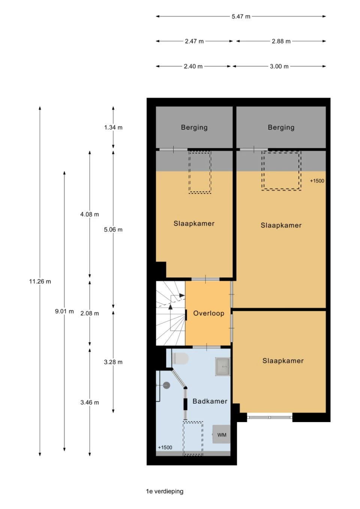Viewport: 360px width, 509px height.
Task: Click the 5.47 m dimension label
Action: pos(241,16)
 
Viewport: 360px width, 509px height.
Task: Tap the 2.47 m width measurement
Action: pos(194,41)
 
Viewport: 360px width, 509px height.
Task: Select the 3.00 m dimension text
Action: pos(279,66)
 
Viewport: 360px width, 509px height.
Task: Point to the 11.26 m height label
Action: pos(40,281)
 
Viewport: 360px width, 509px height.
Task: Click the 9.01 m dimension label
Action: pos(64,311)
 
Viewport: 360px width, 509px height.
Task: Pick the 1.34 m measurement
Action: pos(113,127)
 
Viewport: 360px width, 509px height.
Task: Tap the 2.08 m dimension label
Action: pos(90,313)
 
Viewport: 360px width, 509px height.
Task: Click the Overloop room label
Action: pos(208,313)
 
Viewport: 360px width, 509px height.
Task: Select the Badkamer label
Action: pos(210,401)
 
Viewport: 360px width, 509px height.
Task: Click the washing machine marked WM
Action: pos(221,435)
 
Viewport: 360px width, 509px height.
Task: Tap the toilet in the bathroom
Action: pos(180,359)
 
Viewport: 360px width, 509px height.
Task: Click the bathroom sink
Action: pos(223,367)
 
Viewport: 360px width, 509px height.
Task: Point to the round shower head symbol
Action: pos(167,385)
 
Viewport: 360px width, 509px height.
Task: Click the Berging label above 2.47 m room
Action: pos(194,127)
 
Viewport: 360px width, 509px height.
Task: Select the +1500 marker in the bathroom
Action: pos(165,448)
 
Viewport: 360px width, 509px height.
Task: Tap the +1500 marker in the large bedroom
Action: pos(317,181)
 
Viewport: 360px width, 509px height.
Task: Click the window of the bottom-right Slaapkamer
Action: pos(270,416)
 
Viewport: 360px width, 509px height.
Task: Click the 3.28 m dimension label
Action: pos(113,362)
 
